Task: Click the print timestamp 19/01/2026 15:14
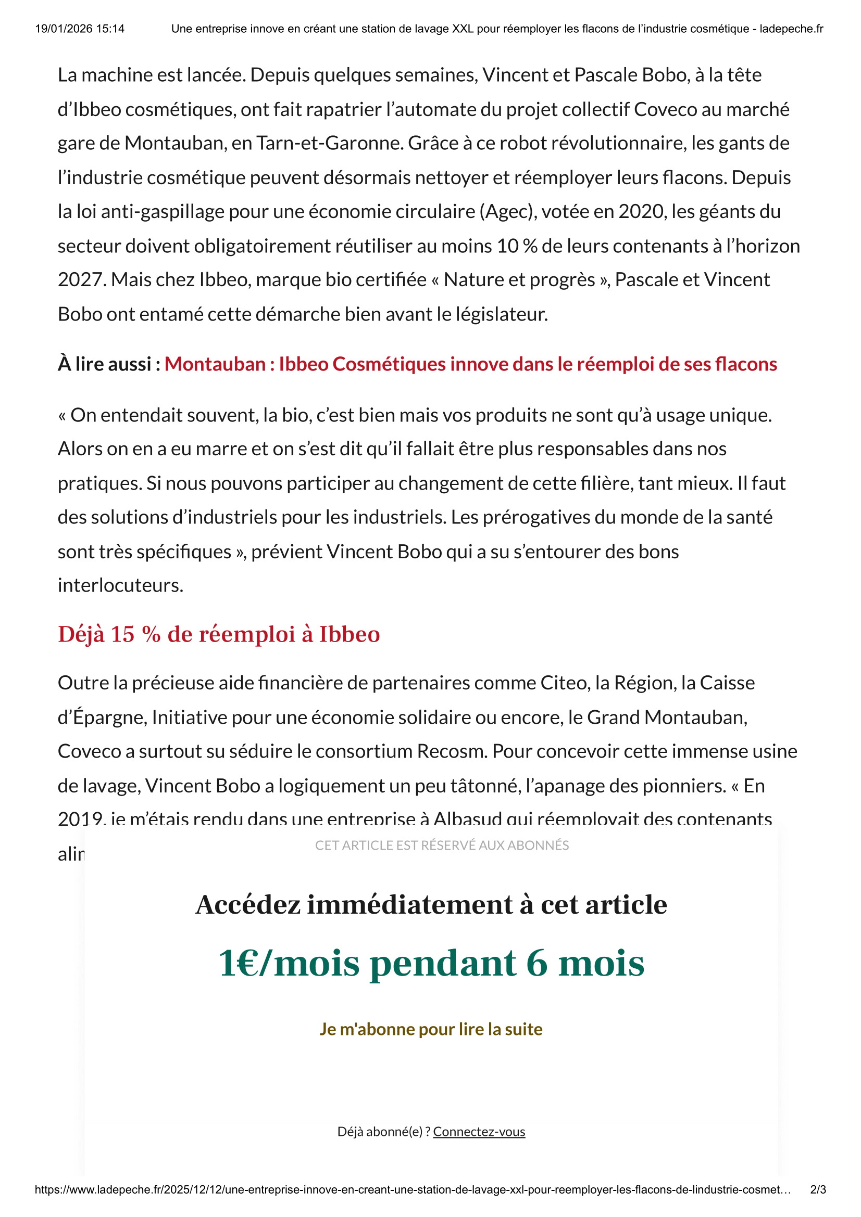click(x=80, y=29)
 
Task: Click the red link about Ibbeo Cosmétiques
click(x=470, y=364)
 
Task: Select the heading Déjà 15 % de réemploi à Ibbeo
click(x=219, y=634)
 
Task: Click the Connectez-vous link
click(x=479, y=1132)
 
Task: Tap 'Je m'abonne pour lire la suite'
click(x=431, y=1029)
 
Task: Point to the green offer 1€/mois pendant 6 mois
click(x=431, y=963)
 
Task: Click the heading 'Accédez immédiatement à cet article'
click(x=431, y=904)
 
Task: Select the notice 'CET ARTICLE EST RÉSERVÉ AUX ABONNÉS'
click(x=441, y=845)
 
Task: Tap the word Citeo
click(x=565, y=683)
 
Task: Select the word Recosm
click(x=452, y=751)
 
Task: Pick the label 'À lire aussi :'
click(x=109, y=364)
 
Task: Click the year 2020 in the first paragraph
click(x=641, y=211)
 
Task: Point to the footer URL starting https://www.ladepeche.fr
click(x=413, y=1189)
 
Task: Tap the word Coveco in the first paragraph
click(x=665, y=109)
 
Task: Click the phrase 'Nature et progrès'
click(x=519, y=280)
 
